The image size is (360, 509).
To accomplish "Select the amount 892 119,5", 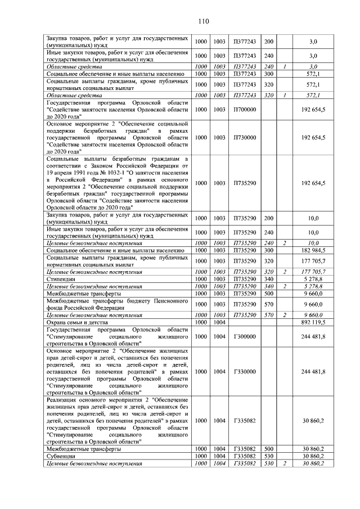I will tap(313, 323).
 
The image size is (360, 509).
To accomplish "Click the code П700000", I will tap(244, 109).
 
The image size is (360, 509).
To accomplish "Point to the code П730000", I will tap(244, 137).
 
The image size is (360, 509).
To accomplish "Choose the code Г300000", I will tap(244, 337).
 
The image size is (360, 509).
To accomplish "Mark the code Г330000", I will tap(244, 372).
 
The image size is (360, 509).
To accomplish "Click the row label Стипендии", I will tap(61, 279).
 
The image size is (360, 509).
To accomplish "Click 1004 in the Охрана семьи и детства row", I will tap(219, 323).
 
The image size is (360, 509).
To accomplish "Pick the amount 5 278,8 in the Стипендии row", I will tap(313, 279).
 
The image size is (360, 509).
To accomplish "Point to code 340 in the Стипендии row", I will tap(268, 279).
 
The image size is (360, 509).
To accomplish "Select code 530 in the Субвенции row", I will tap(268, 456).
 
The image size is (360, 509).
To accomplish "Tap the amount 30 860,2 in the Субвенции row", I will tap(313, 456).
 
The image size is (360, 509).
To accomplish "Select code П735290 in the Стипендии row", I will tap(244, 279).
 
